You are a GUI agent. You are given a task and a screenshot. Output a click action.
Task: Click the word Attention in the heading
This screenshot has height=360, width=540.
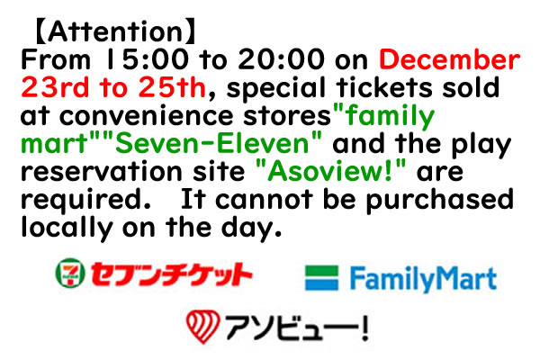click(114, 31)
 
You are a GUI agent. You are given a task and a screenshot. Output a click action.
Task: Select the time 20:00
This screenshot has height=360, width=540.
click(281, 59)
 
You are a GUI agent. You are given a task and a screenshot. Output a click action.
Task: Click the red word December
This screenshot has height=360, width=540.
click(449, 59)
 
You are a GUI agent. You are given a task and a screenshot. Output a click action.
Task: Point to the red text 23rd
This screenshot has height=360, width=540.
click(55, 87)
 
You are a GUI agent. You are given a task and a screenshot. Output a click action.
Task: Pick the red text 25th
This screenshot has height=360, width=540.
click(172, 87)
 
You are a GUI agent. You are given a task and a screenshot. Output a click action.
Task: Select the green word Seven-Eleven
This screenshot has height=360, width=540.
click(212, 144)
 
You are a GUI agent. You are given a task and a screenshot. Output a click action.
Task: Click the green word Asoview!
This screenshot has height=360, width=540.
click(330, 172)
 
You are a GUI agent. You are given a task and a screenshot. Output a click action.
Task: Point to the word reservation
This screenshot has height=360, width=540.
click(101, 172)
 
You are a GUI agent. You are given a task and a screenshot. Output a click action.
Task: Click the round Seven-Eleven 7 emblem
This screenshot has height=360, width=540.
click(70, 273)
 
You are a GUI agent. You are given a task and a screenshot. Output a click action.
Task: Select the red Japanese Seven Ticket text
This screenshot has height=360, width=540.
click(171, 274)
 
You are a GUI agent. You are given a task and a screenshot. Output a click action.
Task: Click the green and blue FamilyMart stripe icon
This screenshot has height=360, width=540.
click(321, 278)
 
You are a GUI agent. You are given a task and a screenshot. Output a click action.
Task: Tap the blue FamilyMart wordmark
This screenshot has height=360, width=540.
click(423, 279)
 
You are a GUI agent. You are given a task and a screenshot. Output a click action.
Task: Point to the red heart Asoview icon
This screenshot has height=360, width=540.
click(202, 326)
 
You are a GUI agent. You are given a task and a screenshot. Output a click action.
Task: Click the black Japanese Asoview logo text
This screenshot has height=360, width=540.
click(297, 328)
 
